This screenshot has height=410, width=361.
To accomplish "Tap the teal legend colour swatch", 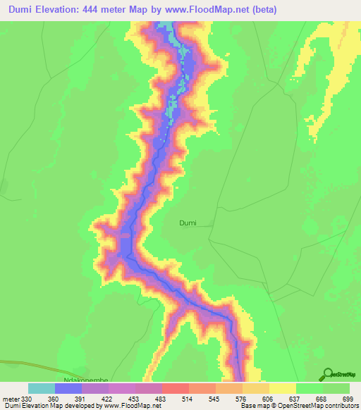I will tap(42, 388).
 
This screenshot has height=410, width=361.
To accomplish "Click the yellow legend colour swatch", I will tap(283, 388).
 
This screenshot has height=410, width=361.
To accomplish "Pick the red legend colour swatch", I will tap(176, 388).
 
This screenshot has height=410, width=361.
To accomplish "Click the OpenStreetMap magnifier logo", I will tap(329, 373).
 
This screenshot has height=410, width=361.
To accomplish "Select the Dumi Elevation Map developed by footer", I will tap(53, 406).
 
